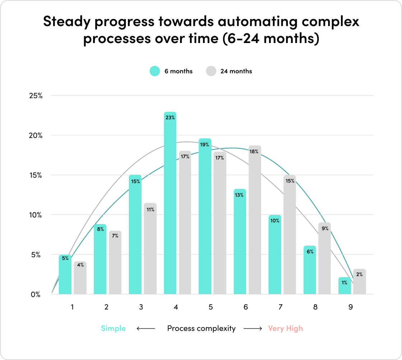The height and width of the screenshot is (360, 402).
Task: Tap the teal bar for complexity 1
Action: click(x=65, y=274)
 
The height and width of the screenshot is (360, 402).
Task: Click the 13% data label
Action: click(x=240, y=195)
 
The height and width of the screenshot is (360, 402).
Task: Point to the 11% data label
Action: click(x=150, y=209)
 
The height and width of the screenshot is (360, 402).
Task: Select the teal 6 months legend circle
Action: click(x=154, y=71)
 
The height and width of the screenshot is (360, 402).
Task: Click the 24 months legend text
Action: click(x=236, y=71)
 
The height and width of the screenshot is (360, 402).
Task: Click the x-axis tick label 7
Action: click(x=280, y=307)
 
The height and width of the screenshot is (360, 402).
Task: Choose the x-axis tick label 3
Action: click(x=141, y=307)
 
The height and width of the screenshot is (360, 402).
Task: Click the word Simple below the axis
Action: click(x=113, y=328)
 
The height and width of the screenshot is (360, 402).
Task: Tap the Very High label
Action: click(x=285, y=328)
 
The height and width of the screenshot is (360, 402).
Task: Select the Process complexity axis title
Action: click(x=201, y=328)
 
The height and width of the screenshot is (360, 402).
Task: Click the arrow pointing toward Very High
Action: click(x=253, y=328)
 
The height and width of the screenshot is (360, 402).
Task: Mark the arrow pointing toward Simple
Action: click(x=146, y=328)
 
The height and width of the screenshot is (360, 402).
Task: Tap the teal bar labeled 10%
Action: click(x=275, y=255)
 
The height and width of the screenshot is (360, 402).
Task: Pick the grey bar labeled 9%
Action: click(x=324, y=258)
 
